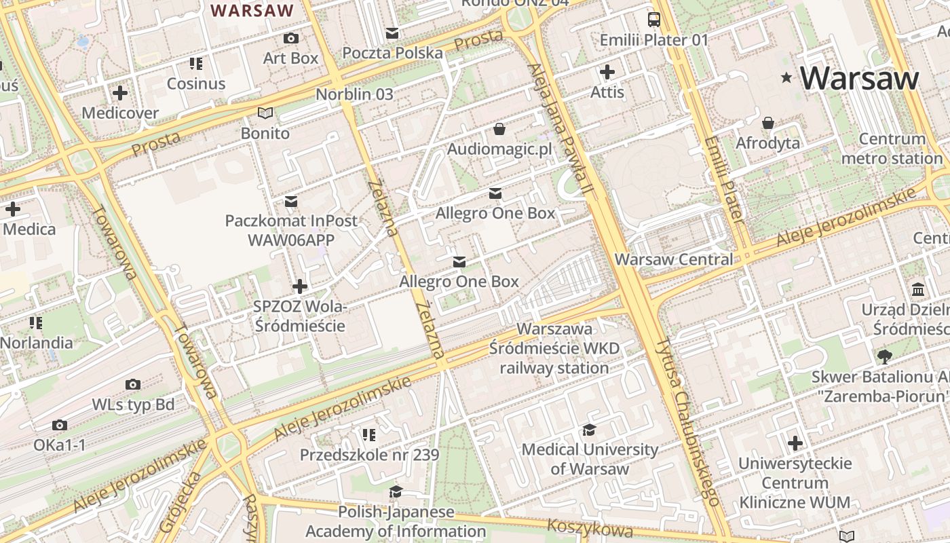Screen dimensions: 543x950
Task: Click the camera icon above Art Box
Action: [291, 39]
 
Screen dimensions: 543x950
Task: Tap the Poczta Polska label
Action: [392, 53]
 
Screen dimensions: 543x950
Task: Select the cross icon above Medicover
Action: [120, 92]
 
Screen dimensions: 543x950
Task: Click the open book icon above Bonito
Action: [265, 113]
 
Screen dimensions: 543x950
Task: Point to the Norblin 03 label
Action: [354, 94]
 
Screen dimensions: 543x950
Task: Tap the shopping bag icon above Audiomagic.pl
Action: [499, 128]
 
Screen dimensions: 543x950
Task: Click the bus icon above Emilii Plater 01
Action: [653, 20]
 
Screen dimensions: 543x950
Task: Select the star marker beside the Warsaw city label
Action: [786, 78]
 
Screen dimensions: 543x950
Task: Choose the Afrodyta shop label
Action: [767, 143]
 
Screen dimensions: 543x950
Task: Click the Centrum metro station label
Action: [892, 149]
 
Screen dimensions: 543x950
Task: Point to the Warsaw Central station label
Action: [673, 259]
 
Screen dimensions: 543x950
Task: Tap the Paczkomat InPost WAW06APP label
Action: [291, 230]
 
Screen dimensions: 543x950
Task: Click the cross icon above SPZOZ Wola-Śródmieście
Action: [299, 286]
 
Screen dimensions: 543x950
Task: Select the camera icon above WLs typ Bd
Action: [133, 385]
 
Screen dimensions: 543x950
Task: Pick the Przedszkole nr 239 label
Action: [370, 455]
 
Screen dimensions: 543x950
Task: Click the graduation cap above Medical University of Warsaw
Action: [589, 430]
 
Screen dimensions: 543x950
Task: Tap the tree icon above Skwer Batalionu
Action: [884, 356]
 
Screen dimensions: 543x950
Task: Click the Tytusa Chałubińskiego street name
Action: [687, 421]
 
